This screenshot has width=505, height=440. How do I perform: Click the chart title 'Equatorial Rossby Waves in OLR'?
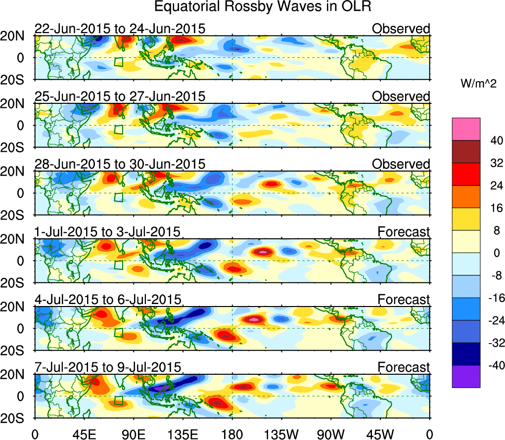pyautogui.click(x=263, y=7)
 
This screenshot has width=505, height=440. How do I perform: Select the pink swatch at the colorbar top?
pyautogui.click(x=465, y=129)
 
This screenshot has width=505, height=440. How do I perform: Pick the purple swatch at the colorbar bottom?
pyautogui.click(x=465, y=376)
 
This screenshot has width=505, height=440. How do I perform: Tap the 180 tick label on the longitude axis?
pyautogui.click(x=232, y=434)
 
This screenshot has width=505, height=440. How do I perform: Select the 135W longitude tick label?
pyautogui.click(x=281, y=434)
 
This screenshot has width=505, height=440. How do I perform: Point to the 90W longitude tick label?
pyautogui.click(x=330, y=434)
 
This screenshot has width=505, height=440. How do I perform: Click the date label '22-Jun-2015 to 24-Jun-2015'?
pyautogui.click(x=120, y=29)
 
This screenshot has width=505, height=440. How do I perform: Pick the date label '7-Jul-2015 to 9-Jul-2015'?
pyautogui.click(x=108, y=367)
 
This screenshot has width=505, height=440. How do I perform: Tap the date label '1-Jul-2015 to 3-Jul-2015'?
pyautogui.click(x=107, y=232)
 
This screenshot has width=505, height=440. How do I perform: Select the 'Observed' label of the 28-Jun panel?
pyautogui.click(x=401, y=164)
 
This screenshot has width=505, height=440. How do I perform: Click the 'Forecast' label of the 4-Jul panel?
pyautogui.click(x=404, y=300)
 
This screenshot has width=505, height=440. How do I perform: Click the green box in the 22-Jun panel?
pyautogui.click(x=118, y=62)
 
